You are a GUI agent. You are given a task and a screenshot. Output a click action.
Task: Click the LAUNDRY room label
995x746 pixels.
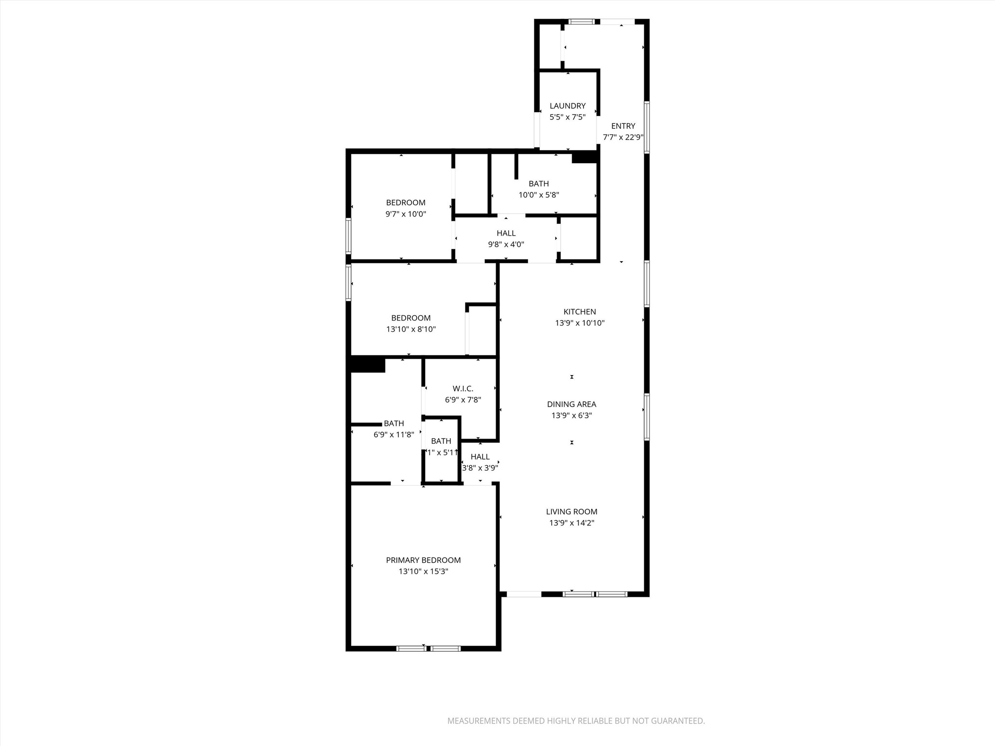click(x=567, y=106)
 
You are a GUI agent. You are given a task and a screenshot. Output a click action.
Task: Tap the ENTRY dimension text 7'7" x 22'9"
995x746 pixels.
click(x=623, y=137)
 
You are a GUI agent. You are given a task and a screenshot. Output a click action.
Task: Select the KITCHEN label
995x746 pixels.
click(x=580, y=312)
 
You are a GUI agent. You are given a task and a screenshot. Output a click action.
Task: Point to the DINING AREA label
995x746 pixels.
click(x=571, y=404)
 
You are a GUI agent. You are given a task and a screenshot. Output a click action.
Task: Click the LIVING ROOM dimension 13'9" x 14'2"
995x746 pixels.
click(x=571, y=523)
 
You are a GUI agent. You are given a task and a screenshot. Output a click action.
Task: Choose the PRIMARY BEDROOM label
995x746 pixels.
click(x=423, y=560)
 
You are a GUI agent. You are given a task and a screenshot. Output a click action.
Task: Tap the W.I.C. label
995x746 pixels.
click(x=463, y=389)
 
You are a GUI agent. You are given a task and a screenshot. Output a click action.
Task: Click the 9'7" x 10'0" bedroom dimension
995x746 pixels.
click(x=406, y=214)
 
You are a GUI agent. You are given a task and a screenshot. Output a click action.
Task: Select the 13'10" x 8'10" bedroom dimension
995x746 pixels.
click(x=411, y=329)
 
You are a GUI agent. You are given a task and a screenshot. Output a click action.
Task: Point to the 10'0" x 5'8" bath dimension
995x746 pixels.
click(x=539, y=195)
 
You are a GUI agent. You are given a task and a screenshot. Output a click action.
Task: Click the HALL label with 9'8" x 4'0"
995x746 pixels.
click(x=506, y=233)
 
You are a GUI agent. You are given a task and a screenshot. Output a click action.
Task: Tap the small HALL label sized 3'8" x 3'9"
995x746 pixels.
click(x=480, y=457)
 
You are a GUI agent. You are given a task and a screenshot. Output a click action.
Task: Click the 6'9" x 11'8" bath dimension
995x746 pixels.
click(x=394, y=435)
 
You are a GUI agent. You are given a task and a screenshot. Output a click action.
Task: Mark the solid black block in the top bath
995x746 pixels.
click(x=584, y=157)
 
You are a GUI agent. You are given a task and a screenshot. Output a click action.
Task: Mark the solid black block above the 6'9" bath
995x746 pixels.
click(x=368, y=365)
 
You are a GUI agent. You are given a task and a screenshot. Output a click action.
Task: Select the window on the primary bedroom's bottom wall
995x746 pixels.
click(x=428, y=648)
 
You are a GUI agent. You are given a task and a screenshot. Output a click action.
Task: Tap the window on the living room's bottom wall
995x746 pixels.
click(x=595, y=594)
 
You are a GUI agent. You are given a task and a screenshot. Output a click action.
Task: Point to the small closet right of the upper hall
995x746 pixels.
click(x=578, y=238)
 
